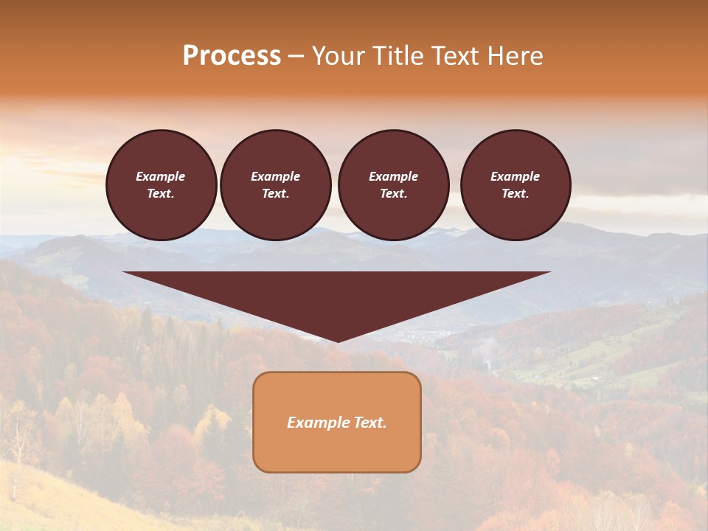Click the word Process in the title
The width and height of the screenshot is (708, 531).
point(232,56)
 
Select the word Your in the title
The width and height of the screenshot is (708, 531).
point(337,56)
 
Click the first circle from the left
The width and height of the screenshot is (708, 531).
point(162,185)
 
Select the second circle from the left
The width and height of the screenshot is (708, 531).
point(276,185)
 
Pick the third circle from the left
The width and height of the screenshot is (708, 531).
point(394,185)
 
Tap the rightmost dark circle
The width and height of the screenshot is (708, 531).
point(516,185)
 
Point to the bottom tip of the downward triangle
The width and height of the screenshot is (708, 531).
point(338,340)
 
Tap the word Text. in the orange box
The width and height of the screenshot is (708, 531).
point(369,423)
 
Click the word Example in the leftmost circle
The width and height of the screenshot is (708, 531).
point(161,176)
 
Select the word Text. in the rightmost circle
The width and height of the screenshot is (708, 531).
point(516,194)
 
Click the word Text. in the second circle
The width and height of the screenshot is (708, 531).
point(276,194)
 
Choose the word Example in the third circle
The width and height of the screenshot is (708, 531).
point(394,176)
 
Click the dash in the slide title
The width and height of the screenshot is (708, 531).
point(296,56)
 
